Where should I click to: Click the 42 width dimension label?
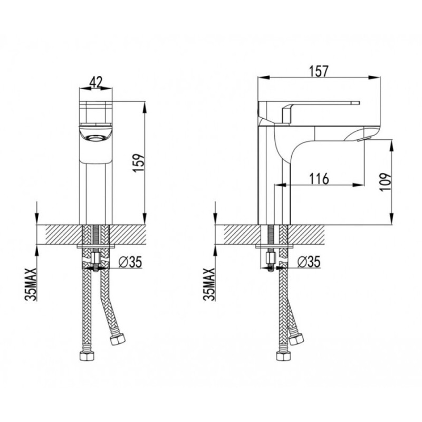[96, 82]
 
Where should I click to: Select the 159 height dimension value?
[139, 163]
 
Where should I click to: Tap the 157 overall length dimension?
[319, 71]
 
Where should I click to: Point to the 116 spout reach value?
[319, 178]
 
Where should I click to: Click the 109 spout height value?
[385, 182]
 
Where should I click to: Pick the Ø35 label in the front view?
[130, 262]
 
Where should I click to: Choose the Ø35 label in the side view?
[309, 262]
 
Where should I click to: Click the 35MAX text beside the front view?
[31, 284]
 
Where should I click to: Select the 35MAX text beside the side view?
[209, 284]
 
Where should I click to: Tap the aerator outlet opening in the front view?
[95, 138]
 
